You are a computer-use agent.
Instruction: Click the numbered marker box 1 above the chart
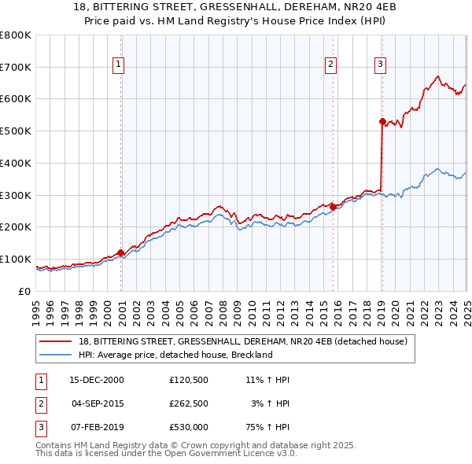[x=118, y=64]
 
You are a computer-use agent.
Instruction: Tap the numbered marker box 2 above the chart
[x=331, y=64]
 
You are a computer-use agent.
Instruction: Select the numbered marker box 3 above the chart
[x=380, y=64]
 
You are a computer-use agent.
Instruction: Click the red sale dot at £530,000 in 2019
[x=382, y=121]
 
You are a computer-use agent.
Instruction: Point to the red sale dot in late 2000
[x=121, y=252]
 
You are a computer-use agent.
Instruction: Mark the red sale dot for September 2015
[x=333, y=207]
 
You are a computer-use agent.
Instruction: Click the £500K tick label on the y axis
[x=16, y=131]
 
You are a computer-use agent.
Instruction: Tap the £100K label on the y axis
[x=16, y=259]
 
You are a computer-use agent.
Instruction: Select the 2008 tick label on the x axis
[x=223, y=306]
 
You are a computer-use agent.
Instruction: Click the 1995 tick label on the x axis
[x=36, y=306]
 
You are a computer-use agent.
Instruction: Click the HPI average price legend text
[x=175, y=355]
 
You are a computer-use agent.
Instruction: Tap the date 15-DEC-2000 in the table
[x=98, y=380]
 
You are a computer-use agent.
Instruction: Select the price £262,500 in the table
[x=188, y=403]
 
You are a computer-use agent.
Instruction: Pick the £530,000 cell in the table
[x=188, y=427]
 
